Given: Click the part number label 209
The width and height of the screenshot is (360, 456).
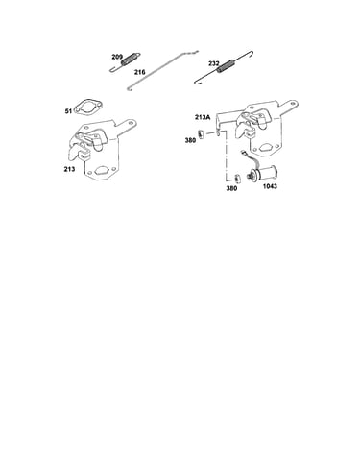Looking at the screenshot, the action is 117,57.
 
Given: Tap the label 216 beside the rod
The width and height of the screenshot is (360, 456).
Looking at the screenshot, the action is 139,72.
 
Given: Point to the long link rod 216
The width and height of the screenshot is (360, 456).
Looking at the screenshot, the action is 162,70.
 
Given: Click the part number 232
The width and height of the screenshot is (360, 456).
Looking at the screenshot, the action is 214,63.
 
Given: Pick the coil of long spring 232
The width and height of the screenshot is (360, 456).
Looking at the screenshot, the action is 227,67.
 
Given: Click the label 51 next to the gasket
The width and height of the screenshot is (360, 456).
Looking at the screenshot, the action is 68,111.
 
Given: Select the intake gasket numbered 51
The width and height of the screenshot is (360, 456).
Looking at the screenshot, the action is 87,108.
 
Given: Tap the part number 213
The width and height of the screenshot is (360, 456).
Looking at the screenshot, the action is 69,169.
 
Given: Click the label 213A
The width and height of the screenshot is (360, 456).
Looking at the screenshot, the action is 203,117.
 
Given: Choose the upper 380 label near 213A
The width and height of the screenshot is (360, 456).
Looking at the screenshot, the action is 190,140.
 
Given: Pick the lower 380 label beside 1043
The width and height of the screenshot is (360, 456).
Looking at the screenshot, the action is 231,188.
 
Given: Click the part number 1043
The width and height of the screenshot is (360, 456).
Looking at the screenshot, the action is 270,186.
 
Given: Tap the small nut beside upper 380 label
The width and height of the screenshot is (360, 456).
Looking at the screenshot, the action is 201,133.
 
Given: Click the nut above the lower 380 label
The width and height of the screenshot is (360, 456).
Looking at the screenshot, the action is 237,178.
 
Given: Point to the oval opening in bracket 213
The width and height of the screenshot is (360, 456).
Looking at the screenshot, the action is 102,170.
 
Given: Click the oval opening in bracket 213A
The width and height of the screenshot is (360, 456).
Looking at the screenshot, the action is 264,148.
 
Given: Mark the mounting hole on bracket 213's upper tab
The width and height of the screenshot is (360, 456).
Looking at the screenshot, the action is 130,123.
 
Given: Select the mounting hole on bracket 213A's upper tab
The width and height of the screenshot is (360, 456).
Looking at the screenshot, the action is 292,104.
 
